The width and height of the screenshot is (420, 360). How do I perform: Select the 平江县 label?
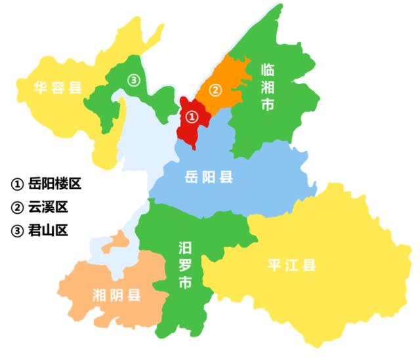[x=293, y=266]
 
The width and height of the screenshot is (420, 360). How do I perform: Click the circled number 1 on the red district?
[x=191, y=117]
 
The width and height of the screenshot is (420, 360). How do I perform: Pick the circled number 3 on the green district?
[x=133, y=80]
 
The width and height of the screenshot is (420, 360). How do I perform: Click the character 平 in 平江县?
[x=275, y=266]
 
